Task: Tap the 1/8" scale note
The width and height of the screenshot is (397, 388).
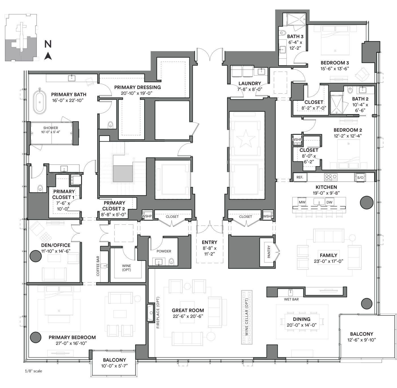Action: [x=34, y=371]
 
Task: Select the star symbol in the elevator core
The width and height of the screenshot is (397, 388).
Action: [x=246, y=139]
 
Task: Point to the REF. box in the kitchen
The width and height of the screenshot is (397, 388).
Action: [x=300, y=177]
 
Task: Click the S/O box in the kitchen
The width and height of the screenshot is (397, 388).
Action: [x=360, y=178]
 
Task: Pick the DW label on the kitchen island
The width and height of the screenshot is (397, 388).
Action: [x=329, y=202]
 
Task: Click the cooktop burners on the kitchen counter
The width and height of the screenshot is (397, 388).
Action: [x=331, y=177]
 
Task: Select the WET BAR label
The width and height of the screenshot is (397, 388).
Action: [x=291, y=299]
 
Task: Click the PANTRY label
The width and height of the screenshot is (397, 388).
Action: [x=269, y=252]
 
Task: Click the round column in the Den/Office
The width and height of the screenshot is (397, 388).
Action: [x=36, y=256]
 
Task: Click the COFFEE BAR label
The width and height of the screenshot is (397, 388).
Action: [x=98, y=266]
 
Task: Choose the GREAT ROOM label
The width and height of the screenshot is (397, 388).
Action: [x=188, y=310]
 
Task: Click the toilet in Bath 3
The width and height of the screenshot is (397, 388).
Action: [x=283, y=33]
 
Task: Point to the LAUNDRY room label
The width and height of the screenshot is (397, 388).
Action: [x=250, y=83]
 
